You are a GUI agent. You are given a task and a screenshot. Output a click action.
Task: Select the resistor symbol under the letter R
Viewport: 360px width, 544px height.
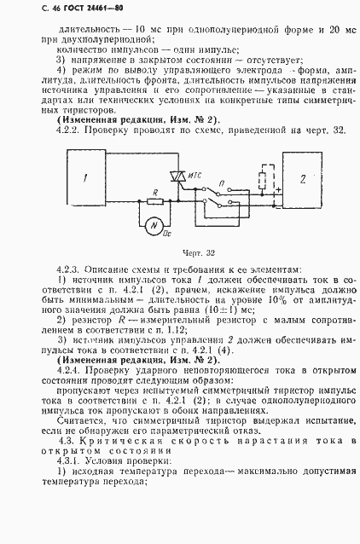[x=154, y=202]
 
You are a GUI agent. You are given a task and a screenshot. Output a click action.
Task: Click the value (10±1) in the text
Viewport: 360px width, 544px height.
[x=256, y=312]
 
